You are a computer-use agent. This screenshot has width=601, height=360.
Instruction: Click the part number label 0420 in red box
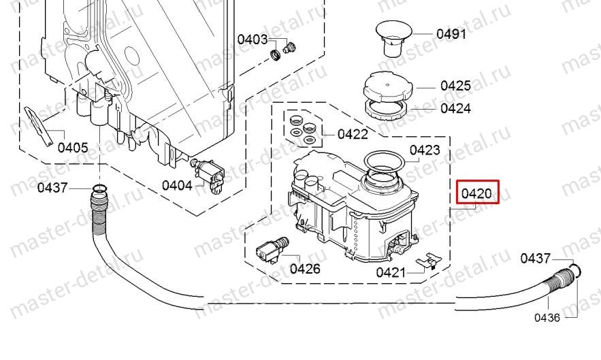click(x=478, y=193)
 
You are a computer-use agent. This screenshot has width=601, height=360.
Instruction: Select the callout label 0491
click(x=451, y=33)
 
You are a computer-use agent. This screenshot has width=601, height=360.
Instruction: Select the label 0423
click(x=424, y=150)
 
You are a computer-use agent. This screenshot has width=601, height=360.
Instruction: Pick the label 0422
click(x=352, y=133)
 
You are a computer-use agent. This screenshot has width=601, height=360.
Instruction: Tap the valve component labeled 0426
click(x=267, y=249)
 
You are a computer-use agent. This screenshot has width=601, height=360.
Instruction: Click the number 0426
click(x=305, y=268)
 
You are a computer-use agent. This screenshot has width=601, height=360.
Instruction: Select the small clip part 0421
click(x=428, y=261)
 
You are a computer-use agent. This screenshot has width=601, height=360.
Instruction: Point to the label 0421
click(x=391, y=273)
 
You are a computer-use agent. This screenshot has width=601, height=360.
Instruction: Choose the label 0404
click(x=177, y=184)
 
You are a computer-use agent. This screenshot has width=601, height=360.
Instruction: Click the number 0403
click(x=252, y=39)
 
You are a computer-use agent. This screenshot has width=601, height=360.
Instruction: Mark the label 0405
click(x=72, y=147)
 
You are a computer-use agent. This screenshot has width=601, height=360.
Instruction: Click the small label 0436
click(x=547, y=317)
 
